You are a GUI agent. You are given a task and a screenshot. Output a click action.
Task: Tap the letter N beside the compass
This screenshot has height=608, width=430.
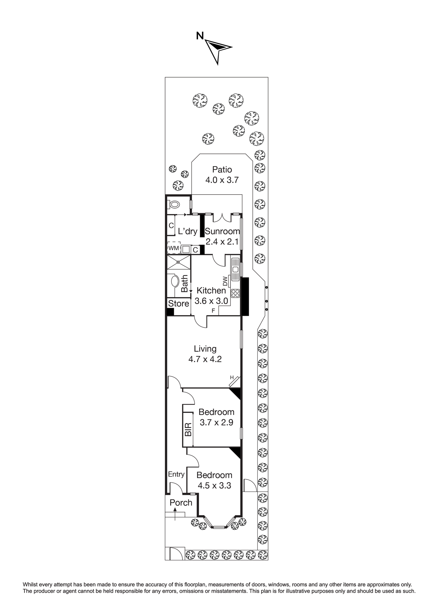click(x=200, y=36)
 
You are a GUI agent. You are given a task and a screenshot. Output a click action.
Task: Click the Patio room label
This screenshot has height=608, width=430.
click(x=222, y=169)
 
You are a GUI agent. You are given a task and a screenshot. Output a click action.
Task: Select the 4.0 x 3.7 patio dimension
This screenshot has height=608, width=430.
click(x=222, y=180)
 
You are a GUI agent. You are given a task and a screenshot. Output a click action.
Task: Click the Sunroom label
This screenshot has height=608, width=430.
click(x=222, y=231)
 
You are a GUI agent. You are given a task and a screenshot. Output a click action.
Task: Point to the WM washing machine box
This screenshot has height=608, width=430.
click(x=174, y=248)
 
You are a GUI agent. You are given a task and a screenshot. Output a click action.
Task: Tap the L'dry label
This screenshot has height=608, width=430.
click(x=188, y=231)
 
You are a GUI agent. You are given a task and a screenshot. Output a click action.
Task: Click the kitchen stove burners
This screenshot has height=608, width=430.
click(x=235, y=293)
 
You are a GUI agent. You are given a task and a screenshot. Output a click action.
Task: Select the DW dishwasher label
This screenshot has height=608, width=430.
click(x=225, y=281)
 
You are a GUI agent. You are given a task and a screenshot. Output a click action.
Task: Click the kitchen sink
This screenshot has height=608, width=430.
click(x=235, y=269)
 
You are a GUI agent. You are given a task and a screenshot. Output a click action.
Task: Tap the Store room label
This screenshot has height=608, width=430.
click(x=179, y=303)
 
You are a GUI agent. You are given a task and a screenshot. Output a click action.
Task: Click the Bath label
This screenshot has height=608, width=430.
click(x=184, y=284)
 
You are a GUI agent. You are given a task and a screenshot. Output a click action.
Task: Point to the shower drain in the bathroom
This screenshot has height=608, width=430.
click(x=178, y=262)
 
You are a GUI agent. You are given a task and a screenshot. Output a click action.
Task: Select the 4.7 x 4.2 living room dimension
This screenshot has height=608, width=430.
click(x=205, y=359)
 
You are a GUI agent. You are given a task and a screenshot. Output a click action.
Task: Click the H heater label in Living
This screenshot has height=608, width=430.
click(x=232, y=378)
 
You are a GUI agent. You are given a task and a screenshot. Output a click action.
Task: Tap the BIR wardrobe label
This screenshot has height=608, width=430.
click(x=188, y=429)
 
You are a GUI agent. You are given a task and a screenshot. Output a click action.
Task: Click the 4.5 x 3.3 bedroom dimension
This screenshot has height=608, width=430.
click(x=214, y=485)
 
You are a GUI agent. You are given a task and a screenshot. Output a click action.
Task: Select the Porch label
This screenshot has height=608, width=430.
click(x=181, y=503)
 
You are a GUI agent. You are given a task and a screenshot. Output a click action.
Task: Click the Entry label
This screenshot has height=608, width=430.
click(x=176, y=474)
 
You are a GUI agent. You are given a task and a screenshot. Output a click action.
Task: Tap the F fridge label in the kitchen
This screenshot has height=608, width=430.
click(x=213, y=311)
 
